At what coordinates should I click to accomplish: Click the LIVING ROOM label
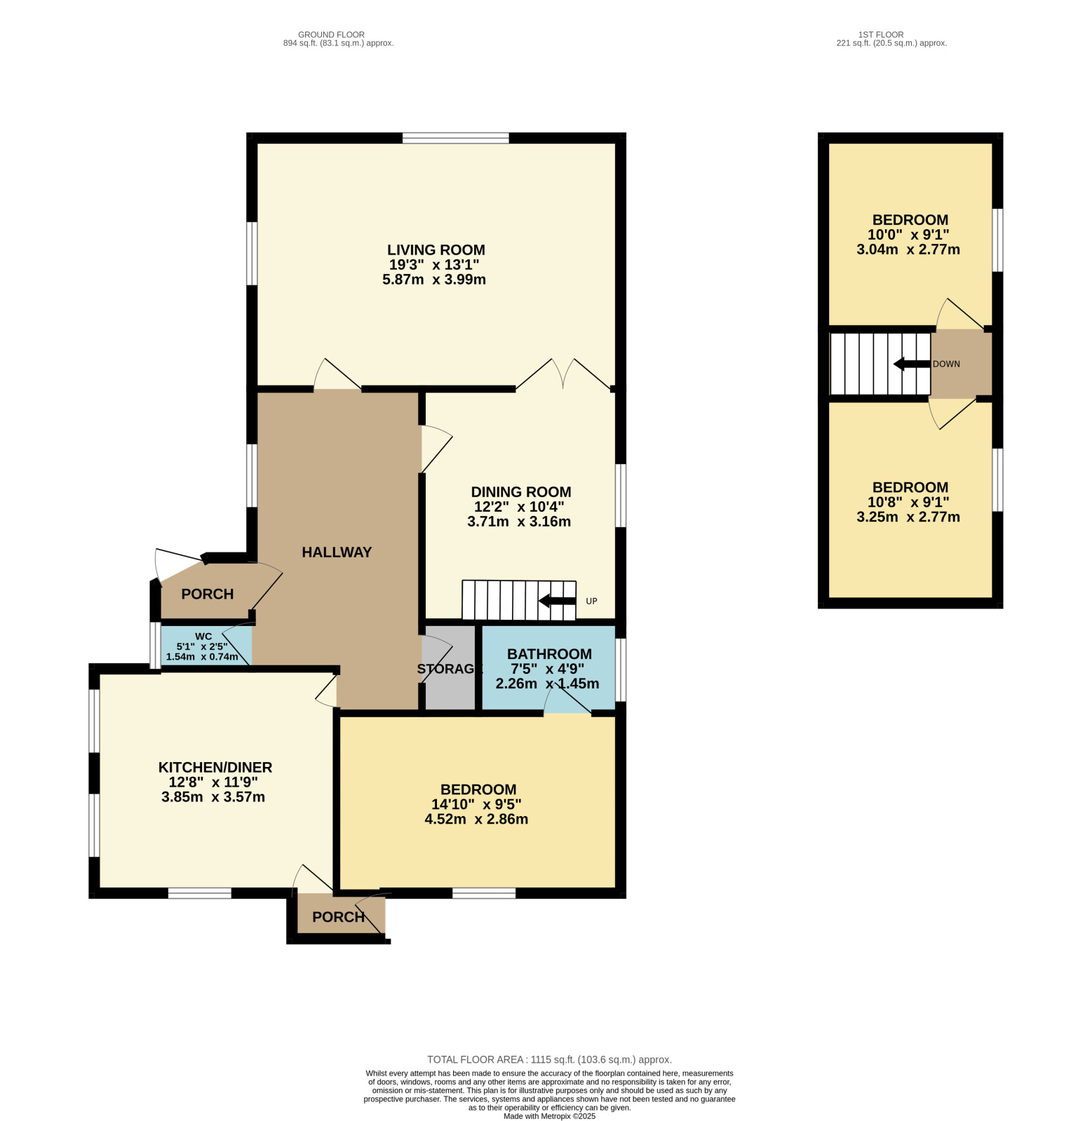pyautogui.click(x=436, y=250)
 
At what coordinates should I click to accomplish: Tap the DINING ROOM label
pyautogui.click(x=520, y=492)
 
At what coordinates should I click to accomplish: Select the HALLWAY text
pyautogui.click(x=337, y=552)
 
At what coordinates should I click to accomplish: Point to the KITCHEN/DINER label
pyautogui.click(x=215, y=768)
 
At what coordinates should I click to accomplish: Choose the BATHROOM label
pyautogui.click(x=549, y=654)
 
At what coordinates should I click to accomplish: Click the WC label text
pyautogui.click(x=203, y=637)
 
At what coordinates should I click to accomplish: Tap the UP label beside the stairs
pyautogui.click(x=591, y=602)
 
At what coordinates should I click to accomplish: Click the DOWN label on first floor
pyautogui.click(x=946, y=365)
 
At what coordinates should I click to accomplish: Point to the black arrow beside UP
pyautogui.click(x=557, y=601)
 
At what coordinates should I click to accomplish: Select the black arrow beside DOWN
pyautogui.click(x=912, y=364)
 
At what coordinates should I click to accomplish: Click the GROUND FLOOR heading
pyautogui.click(x=331, y=34)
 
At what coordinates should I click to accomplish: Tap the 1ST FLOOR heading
pyautogui.click(x=881, y=34)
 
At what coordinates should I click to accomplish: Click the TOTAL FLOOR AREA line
pyautogui.click(x=549, y=1060)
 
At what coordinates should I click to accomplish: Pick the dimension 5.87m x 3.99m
pyautogui.click(x=434, y=280)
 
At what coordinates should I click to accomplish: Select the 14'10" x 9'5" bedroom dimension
pyautogui.click(x=476, y=805)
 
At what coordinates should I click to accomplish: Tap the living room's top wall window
pyautogui.click(x=456, y=138)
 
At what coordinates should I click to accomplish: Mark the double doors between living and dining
pyautogui.click(x=564, y=374)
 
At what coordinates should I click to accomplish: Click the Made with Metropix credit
pyautogui.click(x=549, y=1116)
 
